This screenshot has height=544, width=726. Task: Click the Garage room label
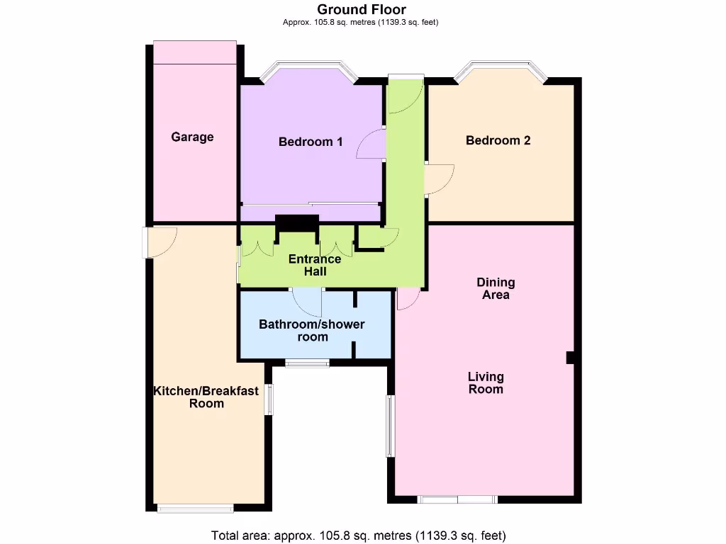[x=192, y=137]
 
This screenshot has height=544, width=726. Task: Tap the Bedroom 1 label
[x=311, y=142]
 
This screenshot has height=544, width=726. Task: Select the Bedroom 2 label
[x=498, y=140]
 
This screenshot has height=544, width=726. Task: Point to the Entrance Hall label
[x=315, y=265]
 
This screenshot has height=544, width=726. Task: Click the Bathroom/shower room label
[x=312, y=330]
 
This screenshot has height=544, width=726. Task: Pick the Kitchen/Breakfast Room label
[x=206, y=397]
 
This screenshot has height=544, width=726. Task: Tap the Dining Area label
[x=496, y=288]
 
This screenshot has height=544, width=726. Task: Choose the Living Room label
[x=486, y=382]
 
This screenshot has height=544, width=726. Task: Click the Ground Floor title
[x=362, y=9]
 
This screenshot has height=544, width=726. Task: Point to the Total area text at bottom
[x=359, y=535]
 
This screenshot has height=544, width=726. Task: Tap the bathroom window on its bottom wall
[x=307, y=363]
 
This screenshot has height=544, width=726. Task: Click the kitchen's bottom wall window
[x=195, y=507]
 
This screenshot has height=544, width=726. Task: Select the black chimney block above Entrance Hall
[x=296, y=222]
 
